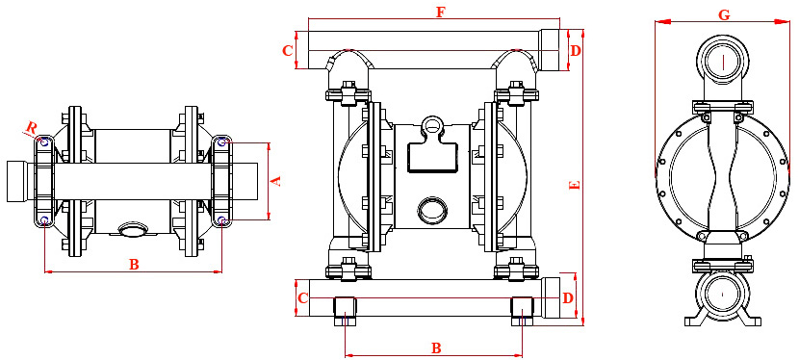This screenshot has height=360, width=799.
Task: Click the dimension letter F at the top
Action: click(x=441, y=13)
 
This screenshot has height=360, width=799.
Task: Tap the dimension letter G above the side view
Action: click(x=724, y=14)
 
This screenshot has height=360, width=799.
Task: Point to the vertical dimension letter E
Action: click(x=575, y=185)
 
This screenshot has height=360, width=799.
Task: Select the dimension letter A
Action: click(x=275, y=181)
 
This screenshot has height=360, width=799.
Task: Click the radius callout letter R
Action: click(x=32, y=128)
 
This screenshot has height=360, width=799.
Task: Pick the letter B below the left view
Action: click(x=134, y=265)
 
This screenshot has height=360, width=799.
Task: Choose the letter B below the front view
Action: click(x=436, y=348)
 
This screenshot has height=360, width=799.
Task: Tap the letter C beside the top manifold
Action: click(x=288, y=50)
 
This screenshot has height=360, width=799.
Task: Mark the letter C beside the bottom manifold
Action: click(x=302, y=298)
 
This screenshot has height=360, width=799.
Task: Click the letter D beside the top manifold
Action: click(x=576, y=50)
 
